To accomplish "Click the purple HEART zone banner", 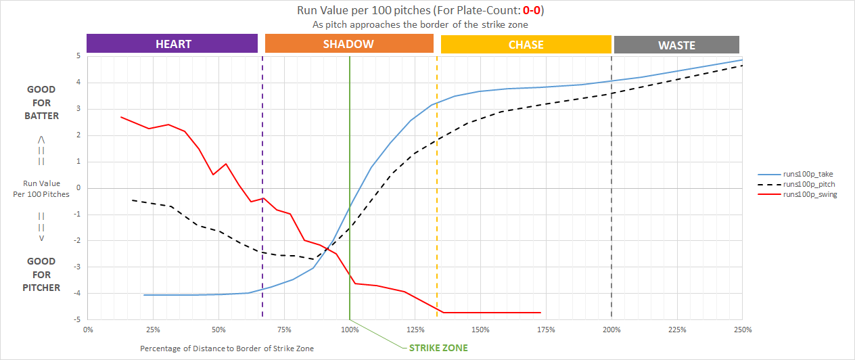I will click(x=172, y=44).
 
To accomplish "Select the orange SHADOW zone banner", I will click(x=348, y=44).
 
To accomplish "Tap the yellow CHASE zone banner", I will click(x=526, y=45).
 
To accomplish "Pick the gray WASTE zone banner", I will click(x=676, y=45).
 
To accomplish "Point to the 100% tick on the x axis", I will click(x=349, y=330).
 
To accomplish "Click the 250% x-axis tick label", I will click(x=742, y=330).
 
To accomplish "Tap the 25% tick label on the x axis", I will click(x=153, y=330).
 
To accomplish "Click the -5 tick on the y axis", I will click(x=78, y=319).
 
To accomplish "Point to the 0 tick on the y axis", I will click(x=79, y=188).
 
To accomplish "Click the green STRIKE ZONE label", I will click(x=438, y=348).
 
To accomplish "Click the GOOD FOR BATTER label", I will click(x=41, y=102).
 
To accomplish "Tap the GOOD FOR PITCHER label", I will click(x=41, y=274).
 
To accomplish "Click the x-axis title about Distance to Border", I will click(x=227, y=348).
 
